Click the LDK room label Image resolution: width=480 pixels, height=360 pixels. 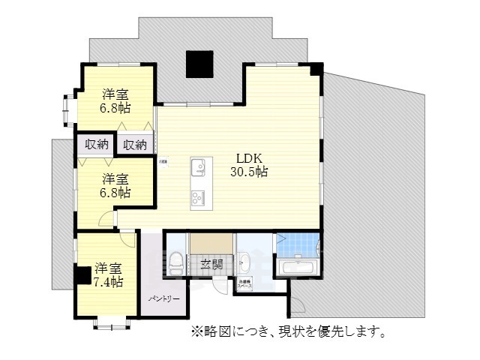click(249, 158)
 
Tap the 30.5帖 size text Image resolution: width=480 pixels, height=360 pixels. click(249, 172)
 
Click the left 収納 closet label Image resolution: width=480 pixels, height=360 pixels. click(96, 145)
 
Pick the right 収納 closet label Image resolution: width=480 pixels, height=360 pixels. click(136, 145)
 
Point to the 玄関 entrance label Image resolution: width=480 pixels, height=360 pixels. click(211, 264)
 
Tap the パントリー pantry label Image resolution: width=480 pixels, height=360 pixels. click(163, 299)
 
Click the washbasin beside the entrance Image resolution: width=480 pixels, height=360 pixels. click(244, 262)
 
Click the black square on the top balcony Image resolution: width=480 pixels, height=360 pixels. click(199, 64)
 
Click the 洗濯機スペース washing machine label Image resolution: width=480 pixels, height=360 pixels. click(245, 285)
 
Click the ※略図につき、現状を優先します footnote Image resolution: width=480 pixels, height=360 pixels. click(288, 331)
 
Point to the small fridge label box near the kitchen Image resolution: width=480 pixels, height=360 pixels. click(163, 160)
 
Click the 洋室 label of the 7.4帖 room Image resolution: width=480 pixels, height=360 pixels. click(109, 268)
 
